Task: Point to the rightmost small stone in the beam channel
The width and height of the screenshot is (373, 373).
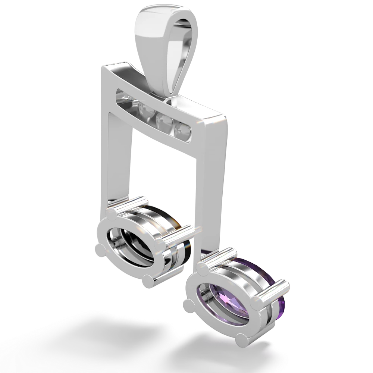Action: pos(184,129)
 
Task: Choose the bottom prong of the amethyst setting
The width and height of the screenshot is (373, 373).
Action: pos(243,338)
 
